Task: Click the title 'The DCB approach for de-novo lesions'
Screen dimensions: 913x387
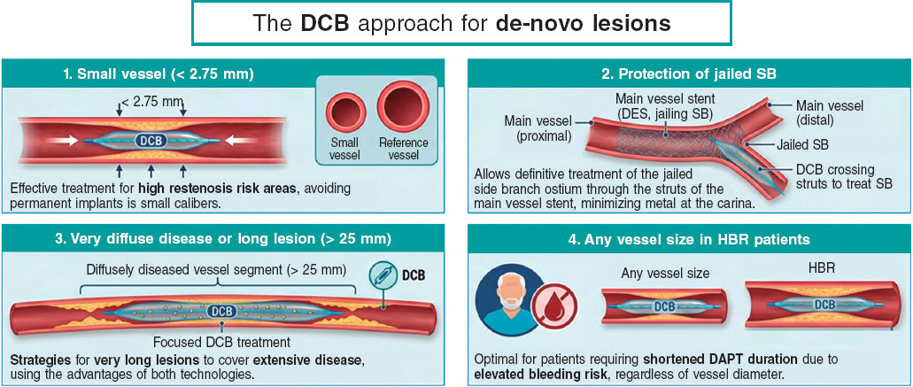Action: [461, 23]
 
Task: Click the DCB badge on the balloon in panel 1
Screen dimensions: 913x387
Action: [151, 140]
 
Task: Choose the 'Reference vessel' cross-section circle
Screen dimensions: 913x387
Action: [403, 105]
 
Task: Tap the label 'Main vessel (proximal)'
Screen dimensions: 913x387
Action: [538, 128]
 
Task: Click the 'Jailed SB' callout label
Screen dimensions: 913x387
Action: [804, 144]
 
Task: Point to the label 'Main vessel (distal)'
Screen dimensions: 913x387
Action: [829, 112]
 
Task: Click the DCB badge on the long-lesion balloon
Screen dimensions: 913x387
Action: [221, 312]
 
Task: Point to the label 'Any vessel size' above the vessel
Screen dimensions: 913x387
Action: [665, 273]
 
